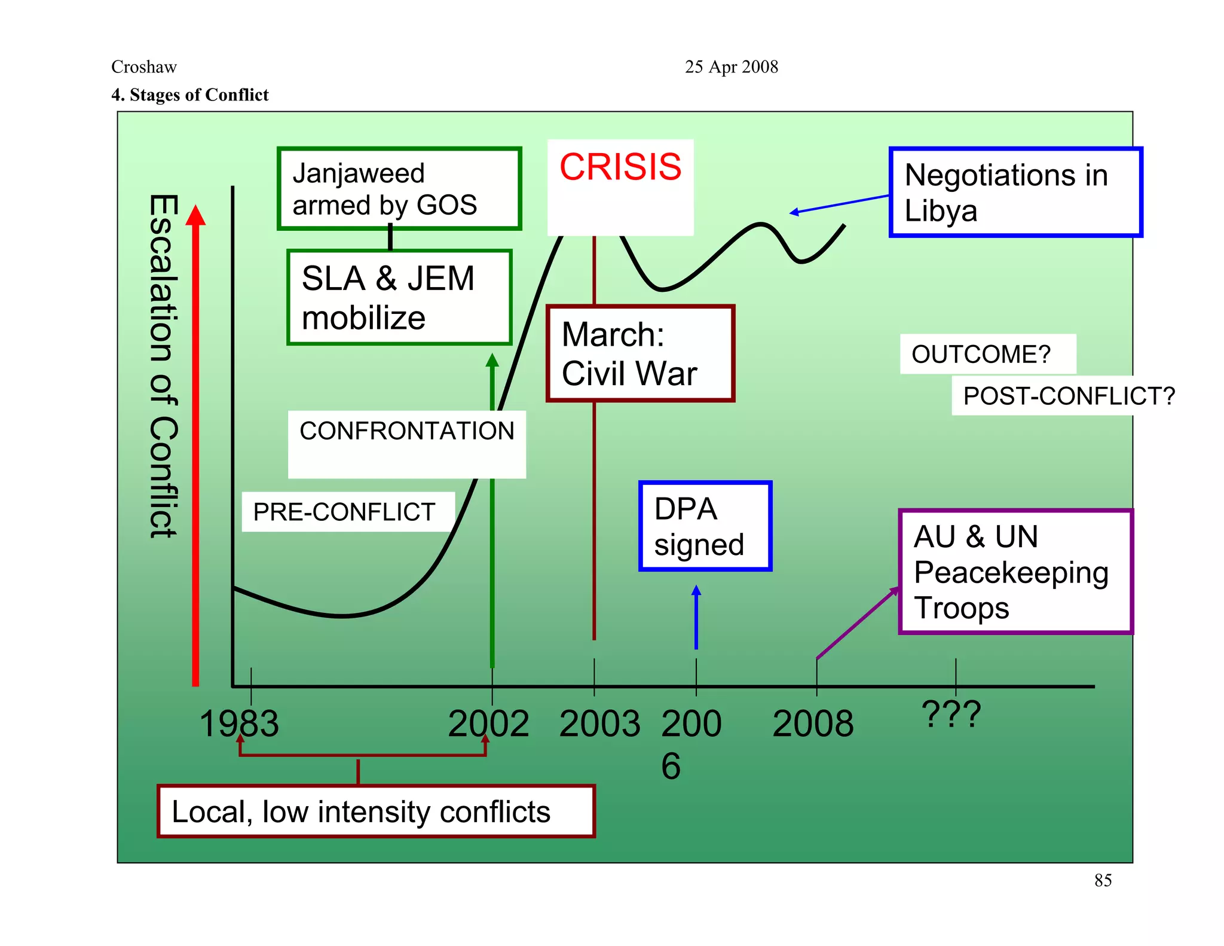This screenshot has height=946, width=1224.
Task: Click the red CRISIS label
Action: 620,167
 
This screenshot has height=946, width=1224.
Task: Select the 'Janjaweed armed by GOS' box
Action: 399,188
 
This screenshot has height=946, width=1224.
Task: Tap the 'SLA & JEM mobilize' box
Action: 399,297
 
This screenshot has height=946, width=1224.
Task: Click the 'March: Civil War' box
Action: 639,353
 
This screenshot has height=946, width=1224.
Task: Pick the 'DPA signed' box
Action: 705,526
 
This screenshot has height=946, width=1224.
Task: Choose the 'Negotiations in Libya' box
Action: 1015,192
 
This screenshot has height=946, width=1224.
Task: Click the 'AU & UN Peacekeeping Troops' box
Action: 1015,572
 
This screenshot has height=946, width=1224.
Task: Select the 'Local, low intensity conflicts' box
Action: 376,811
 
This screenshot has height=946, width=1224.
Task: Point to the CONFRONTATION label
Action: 406,431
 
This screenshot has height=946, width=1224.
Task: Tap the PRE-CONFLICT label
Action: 344,512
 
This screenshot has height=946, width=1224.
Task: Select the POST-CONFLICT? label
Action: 1069,396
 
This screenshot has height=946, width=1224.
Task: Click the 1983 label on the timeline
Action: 239,724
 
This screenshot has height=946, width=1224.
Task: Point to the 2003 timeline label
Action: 599,724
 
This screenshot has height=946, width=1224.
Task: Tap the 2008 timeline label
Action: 813,724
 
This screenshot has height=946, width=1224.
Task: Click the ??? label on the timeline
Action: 951,714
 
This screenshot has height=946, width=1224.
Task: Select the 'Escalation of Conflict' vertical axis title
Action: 163,366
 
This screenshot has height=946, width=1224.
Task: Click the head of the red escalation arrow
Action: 195,216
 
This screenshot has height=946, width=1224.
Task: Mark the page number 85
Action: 1103,880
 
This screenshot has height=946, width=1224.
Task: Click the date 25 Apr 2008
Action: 732,67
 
